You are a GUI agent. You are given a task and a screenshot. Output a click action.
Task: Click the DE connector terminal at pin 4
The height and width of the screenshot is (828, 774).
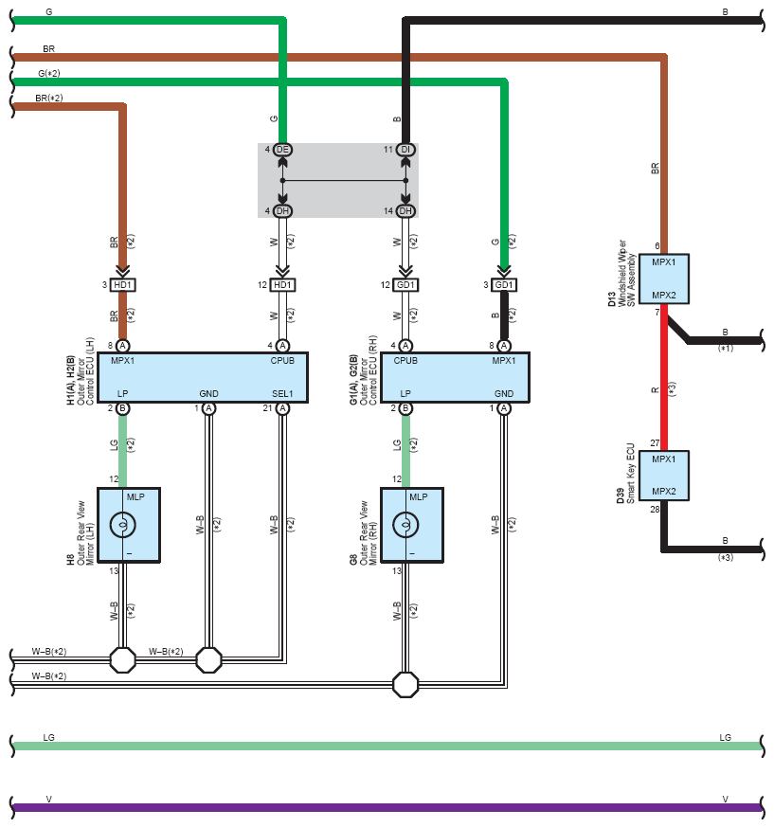282,150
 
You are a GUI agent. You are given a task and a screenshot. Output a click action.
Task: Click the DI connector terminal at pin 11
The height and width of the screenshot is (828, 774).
405,150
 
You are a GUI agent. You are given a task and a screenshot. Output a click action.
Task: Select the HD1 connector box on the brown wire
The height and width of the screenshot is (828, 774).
122,285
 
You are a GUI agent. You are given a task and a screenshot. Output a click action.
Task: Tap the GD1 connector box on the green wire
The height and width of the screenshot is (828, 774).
504,285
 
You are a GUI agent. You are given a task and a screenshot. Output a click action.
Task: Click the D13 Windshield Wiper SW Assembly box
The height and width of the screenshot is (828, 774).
664,279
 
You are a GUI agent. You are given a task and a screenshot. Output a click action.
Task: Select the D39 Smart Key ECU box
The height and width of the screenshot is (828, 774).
664,476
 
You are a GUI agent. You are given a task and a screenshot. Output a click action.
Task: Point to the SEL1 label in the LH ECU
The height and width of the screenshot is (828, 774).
282,394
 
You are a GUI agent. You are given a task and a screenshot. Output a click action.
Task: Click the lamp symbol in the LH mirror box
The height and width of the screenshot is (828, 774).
123,525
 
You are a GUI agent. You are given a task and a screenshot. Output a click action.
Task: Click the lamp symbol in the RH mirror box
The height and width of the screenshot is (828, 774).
406,525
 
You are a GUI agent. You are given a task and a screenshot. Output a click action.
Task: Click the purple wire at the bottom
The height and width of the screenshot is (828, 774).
387,807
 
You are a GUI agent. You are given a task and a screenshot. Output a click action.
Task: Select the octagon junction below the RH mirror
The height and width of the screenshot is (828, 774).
405,685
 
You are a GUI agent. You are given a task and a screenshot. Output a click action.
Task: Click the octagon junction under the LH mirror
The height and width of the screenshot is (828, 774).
122,660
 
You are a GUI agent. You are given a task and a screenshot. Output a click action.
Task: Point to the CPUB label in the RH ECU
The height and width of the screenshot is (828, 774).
405,361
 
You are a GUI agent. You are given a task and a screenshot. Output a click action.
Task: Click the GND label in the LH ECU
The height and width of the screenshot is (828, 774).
209,394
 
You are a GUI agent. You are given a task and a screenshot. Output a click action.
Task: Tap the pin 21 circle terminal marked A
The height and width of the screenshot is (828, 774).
282,408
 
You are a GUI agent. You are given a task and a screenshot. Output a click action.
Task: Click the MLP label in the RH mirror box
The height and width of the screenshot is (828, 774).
419,497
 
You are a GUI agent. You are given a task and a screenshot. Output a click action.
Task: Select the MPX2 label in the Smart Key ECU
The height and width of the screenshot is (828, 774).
664,491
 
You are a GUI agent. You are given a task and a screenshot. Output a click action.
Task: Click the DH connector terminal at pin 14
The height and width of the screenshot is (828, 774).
405,210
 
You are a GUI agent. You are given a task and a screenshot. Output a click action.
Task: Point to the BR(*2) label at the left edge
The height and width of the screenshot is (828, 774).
49,99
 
